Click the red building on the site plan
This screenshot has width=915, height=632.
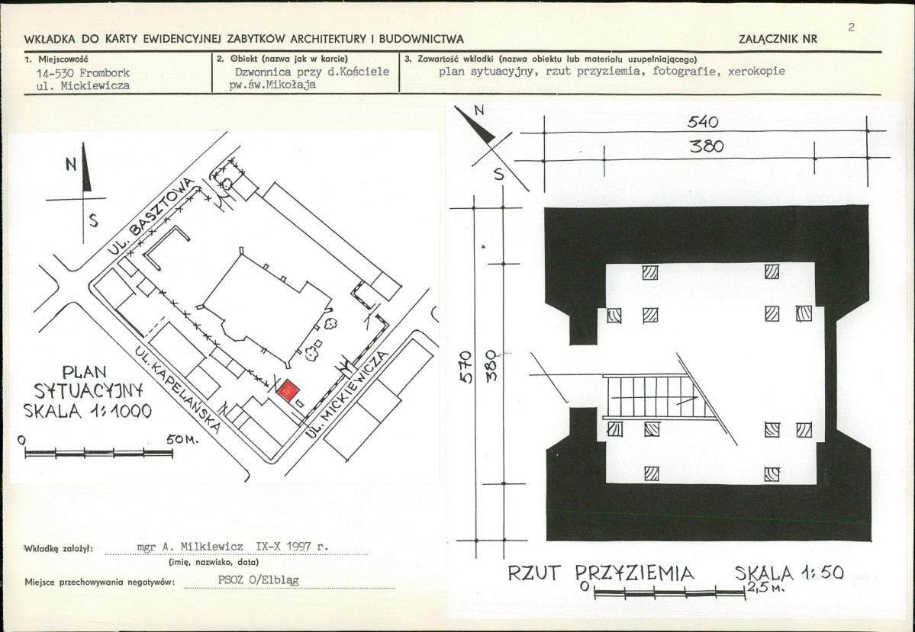click(288, 390)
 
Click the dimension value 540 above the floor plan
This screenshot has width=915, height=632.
click(704, 123)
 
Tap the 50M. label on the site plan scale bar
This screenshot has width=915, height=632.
click(182, 440)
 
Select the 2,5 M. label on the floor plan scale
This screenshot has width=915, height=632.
click(764, 589)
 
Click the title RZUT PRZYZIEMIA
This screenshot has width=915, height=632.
click(601, 573)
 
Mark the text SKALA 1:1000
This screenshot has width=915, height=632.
click(88, 411)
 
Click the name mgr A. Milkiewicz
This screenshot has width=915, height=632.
click(190, 547)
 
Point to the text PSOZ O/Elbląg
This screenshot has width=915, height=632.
click(259, 579)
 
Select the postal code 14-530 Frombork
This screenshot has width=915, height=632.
click(83, 72)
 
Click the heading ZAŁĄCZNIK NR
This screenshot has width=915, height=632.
click(778, 39)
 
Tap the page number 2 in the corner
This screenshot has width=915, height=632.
click(851, 27)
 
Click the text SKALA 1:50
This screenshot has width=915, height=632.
click(788, 573)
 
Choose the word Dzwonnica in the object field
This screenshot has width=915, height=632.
click(263, 72)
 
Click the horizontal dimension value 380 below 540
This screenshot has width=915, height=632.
click(706, 146)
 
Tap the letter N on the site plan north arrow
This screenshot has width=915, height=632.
click(69, 165)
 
